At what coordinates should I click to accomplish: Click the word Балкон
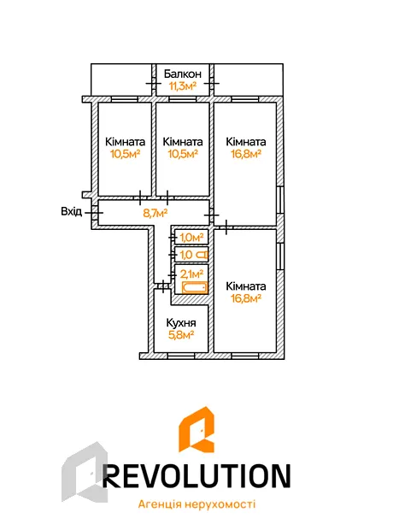[x=183, y=74]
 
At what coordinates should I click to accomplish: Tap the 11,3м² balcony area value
[x=183, y=85]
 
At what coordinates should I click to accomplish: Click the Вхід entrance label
[x=71, y=212]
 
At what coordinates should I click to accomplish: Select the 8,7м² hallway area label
[x=155, y=214]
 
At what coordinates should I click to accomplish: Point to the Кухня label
[x=181, y=323]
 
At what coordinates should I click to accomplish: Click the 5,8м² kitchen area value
[x=181, y=335]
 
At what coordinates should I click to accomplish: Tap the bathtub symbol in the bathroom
[x=194, y=287]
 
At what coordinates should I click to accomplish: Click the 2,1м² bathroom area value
[x=191, y=274]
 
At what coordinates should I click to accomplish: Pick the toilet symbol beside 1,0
[x=202, y=254]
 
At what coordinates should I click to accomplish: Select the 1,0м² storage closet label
[x=191, y=238]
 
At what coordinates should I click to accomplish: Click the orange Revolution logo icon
[x=196, y=429]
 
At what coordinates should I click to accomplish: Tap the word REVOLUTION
[x=196, y=475]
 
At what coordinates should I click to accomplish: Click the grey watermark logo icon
[x=85, y=472]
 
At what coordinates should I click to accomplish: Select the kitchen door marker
[x=163, y=286]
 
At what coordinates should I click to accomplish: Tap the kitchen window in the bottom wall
[x=181, y=356]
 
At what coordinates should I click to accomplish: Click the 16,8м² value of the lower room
[x=246, y=298]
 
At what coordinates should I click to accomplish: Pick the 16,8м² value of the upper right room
[x=246, y=154]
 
